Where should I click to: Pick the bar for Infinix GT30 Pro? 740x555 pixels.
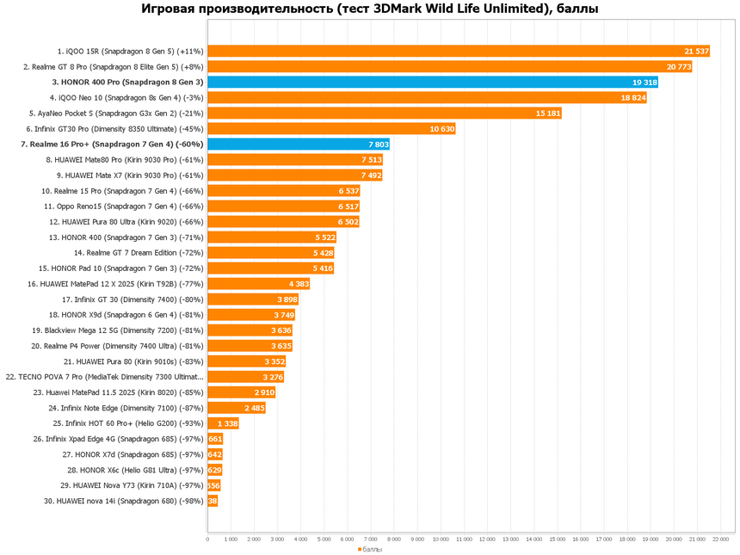tap(331, 129)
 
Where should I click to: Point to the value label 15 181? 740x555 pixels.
tap(548, 114)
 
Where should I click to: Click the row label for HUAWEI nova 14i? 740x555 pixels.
tap(123, 501)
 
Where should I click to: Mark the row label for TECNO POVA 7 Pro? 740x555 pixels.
tap(105, 377)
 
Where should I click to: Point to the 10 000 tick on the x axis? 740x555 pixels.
tap(441, 540)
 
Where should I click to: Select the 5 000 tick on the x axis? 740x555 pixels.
tap(324, 540)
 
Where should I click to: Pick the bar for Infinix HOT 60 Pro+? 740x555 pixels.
tap(223, 423)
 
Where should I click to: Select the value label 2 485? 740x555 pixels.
tap(254, 408)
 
